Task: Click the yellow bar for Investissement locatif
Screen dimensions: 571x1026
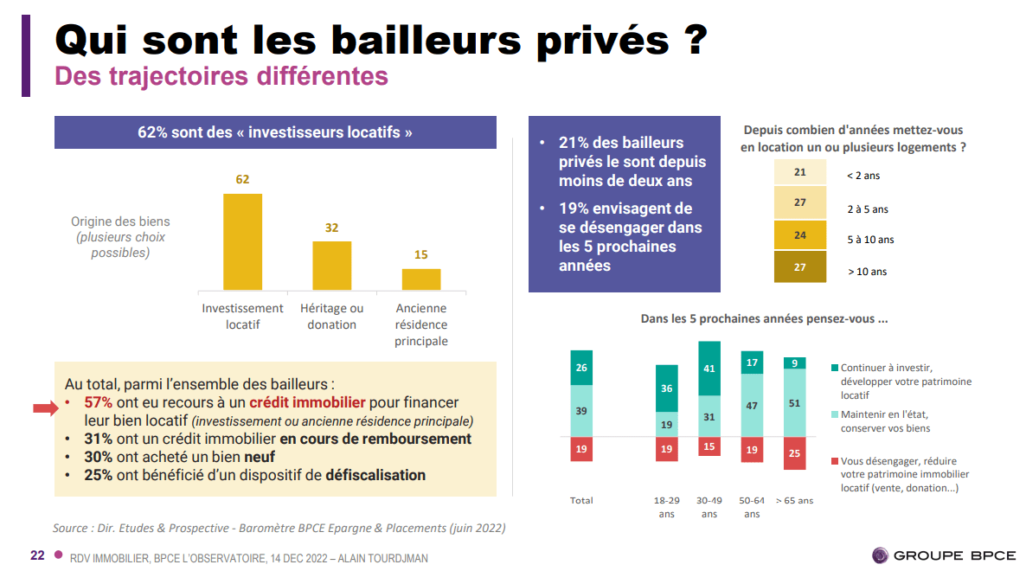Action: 242,241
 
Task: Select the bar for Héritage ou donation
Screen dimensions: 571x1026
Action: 331,266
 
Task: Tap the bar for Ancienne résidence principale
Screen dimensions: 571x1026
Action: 421,279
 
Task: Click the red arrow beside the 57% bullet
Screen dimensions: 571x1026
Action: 45,408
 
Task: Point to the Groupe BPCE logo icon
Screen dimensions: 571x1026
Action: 881,555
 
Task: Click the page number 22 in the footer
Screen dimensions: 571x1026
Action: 37,555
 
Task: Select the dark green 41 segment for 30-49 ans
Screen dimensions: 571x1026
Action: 709,369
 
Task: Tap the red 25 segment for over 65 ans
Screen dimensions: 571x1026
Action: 794,453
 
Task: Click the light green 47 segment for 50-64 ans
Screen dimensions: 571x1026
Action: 752,406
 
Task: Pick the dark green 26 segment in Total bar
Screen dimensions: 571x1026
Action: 581,368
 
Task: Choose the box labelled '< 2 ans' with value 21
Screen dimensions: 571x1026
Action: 799,173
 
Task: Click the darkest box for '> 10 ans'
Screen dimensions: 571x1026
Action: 799,267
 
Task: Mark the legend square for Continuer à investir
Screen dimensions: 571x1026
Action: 834,368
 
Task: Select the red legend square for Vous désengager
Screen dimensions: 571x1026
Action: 834,461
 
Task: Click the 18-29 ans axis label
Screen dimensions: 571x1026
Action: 666,507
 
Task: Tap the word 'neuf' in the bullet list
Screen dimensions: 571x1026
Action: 260,457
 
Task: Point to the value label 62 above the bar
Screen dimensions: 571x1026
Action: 242,180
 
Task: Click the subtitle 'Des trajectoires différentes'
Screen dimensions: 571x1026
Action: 221,76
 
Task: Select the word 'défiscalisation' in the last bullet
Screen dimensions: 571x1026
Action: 375,475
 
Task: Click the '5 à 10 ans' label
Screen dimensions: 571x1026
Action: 870,240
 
